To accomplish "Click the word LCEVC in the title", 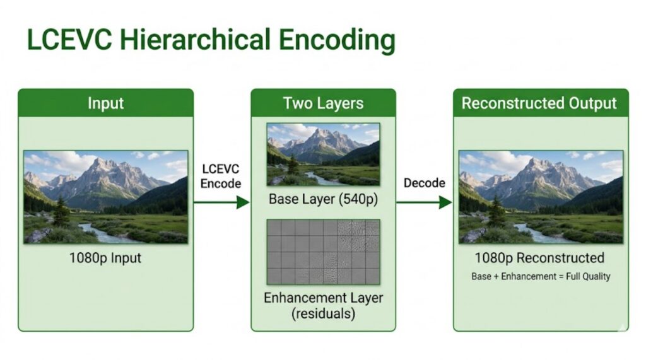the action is (69, 40).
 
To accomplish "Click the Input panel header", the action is (105, 103).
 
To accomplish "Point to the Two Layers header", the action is (324, 103).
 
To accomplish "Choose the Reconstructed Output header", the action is (541, 103).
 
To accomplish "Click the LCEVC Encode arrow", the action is (221, 202).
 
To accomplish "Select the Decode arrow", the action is (425, 202).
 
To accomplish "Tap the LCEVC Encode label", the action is (221, 176).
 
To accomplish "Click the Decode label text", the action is (425, 183).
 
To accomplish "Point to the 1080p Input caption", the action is (105, 258).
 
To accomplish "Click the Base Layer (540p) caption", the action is (324, 199).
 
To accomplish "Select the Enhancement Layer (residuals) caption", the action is (324, 306).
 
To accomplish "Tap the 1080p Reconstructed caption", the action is (540, 258).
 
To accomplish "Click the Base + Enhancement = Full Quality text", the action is (541, 276).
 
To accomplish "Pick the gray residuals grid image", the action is (324, 252).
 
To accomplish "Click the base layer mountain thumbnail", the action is (324, 154).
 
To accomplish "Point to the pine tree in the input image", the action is (61, 211).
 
